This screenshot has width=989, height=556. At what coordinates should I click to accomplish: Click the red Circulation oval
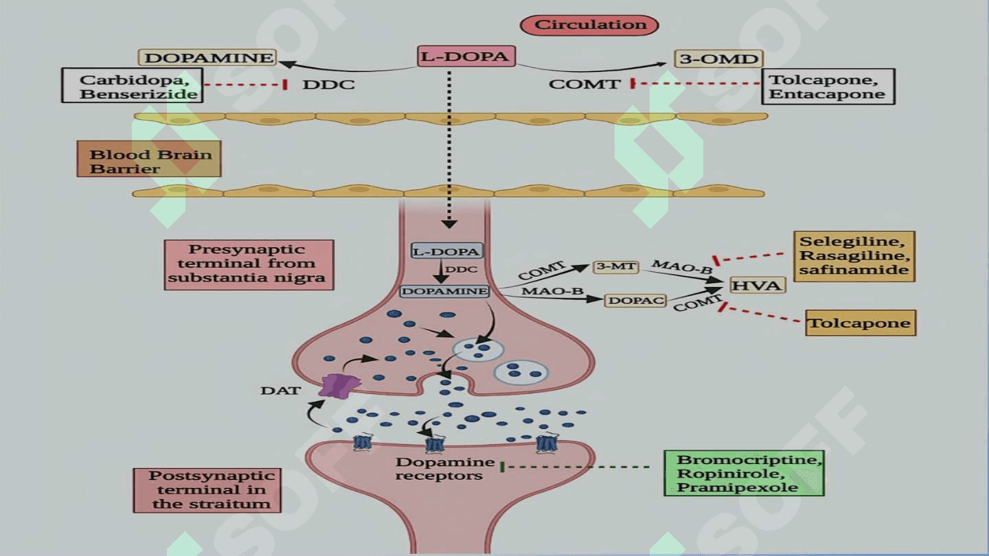click(x=589, y=25)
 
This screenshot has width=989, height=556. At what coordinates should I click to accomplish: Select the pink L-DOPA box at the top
click(x=466, y=56)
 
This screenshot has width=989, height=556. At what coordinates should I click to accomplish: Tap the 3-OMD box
click(x=718, y=59)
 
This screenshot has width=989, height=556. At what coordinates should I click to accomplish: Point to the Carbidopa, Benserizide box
click(x=132, y=86)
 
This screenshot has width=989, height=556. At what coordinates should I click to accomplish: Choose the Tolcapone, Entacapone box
click(x=828, y=86)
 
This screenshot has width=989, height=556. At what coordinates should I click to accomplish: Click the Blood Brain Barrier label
click(x=149, y=159)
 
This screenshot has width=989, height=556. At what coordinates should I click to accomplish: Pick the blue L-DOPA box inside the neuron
click(x=446, y=251)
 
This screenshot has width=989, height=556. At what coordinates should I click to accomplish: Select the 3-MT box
click(x=615, y=266)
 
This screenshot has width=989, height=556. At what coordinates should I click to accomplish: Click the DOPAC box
click(x=635, y=301)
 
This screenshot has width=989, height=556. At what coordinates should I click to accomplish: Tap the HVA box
click(x=757, y=285)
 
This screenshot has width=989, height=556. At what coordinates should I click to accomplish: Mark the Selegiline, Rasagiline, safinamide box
click(x=854, y=257)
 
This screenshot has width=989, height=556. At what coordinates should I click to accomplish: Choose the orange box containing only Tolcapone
click(x=861, y=323)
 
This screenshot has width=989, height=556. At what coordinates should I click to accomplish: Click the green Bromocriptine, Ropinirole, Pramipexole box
click(x=744, y=473)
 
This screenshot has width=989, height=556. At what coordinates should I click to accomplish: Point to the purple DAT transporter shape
click(x=339, y=386)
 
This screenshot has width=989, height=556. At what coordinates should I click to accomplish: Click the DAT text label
click(x=280, y=391)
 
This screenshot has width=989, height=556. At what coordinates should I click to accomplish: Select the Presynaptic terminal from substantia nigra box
click(x=249, y=265)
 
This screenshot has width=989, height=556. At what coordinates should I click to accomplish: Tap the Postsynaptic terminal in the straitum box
click(x=207, y=490)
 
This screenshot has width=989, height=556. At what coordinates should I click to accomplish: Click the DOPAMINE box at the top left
click(x=207, y=58)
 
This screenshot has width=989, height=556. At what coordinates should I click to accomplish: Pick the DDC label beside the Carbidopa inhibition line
click(x=328, y=84)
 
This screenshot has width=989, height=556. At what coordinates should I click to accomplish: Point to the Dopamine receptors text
click(x=444, y=469)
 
